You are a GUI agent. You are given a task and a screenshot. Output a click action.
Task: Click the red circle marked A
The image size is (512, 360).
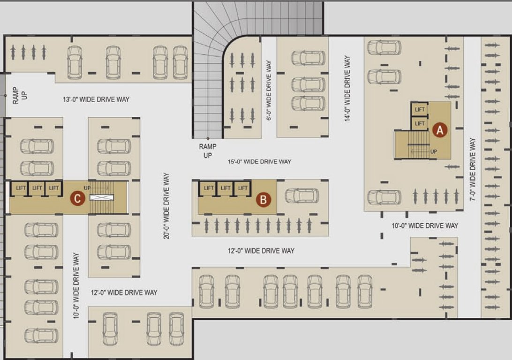(440, 129)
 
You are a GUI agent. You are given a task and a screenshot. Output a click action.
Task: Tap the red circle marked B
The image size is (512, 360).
(263, 200)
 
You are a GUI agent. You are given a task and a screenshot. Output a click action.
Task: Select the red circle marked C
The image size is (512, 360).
(77, 199)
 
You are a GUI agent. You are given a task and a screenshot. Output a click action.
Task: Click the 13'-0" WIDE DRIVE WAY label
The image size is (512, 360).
(96, 99)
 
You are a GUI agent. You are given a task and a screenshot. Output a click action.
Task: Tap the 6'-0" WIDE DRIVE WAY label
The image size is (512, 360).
(269, 90)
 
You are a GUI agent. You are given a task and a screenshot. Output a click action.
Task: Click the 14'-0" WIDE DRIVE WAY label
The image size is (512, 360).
(347, 89)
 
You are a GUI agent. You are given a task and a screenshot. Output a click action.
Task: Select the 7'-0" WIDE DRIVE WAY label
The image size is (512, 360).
(472, 169)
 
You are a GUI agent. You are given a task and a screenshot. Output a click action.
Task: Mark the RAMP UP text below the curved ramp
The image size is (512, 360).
(207, 151)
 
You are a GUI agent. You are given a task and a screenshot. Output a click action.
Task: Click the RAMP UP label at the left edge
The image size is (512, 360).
(20, 94)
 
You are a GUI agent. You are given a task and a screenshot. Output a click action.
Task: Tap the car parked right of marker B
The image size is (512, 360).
(302, 195)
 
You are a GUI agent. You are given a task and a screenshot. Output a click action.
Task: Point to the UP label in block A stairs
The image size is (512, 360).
(434, 152)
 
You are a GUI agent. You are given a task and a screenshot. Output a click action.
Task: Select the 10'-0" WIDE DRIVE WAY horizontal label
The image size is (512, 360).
(425, 226)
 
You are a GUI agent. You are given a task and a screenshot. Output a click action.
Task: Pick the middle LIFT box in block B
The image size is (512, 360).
(226, 188)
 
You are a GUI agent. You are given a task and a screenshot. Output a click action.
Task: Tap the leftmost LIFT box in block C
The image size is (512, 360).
(21, 188)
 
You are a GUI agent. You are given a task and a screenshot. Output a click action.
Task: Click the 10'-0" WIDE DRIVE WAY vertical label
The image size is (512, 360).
(76, 286)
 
